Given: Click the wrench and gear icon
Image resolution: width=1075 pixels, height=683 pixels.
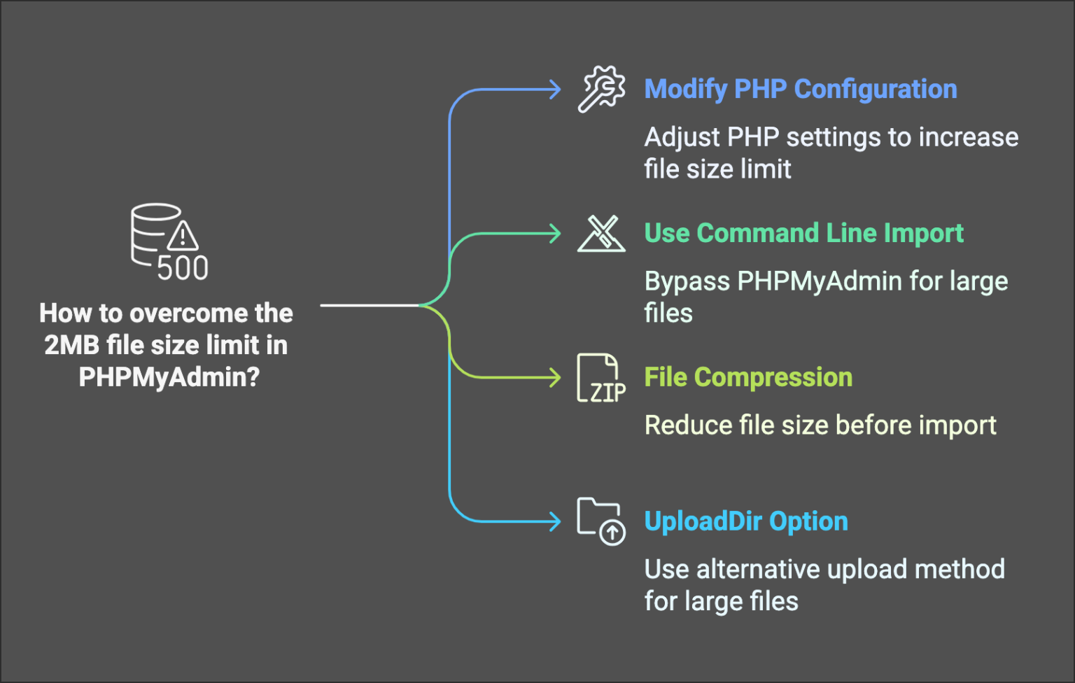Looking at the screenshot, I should click(x=601, y=89).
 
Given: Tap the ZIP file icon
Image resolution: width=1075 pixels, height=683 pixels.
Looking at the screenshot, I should click(x=600, y=379).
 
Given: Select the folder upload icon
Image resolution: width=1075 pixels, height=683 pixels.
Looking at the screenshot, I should click(x=600, y=521).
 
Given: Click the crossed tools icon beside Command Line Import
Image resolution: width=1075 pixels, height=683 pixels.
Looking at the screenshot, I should click(x=601, y=233).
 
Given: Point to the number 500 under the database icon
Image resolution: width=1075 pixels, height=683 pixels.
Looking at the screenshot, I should click(x=182, y=269).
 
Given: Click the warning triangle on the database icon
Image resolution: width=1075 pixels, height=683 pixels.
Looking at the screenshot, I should click(x=183, y=236).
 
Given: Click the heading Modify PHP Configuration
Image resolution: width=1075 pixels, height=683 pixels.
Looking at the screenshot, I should click(x=800, y=90).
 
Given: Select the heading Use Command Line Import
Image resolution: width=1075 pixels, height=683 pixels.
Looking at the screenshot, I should click(x=803, y=233).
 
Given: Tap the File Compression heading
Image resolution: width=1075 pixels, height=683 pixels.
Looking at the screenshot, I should click(x=748, y=377).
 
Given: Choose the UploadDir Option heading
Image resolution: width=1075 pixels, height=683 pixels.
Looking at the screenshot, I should click(x=746, y=521).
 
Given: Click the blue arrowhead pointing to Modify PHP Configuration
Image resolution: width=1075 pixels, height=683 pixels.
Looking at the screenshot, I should click(x=556, y=90).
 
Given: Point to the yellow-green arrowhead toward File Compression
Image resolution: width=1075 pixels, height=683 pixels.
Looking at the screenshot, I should click(x=556, y=378).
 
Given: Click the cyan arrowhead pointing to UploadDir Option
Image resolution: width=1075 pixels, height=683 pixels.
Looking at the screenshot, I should click(x=556, y=521).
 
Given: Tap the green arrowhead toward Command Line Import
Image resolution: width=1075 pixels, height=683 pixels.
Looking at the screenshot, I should click(x=556, y=233).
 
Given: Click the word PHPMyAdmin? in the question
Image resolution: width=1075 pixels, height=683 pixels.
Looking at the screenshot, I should click(x=169, y=377).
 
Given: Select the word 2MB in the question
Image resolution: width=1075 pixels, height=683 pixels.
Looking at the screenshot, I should click(x=71, y=345).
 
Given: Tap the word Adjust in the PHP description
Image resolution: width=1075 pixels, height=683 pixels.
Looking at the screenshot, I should click(x=682, y=137).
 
